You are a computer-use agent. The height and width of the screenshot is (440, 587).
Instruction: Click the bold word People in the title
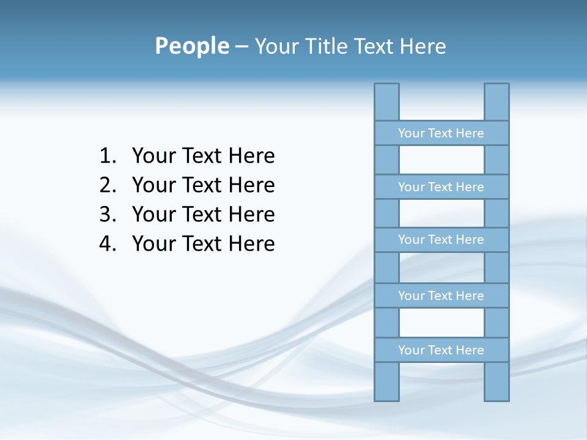191,46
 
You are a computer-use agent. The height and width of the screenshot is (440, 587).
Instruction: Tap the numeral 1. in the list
108,156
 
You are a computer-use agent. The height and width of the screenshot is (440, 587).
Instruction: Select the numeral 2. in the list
108,185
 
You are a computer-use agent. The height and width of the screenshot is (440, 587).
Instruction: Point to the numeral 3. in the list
108,215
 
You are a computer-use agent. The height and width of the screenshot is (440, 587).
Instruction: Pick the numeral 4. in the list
108,244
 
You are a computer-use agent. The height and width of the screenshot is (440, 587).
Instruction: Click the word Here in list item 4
251,244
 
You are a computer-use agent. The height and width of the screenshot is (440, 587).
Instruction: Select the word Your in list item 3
154,215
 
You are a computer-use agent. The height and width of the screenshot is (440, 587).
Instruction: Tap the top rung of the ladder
441,133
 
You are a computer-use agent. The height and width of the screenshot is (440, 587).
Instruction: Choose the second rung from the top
441,187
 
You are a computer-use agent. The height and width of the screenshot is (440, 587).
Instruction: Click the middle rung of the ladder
441,240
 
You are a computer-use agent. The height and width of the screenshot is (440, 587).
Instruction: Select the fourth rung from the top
441,296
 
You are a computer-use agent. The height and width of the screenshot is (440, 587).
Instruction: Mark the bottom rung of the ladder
441,350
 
